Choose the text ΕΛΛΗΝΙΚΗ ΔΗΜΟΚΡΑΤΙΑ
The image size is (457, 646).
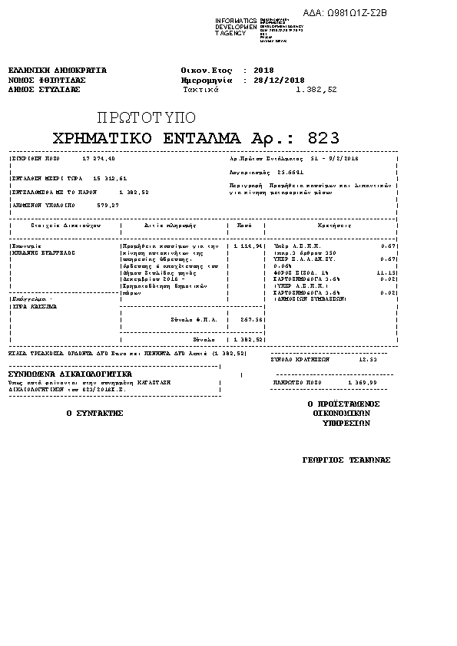pos(57,70)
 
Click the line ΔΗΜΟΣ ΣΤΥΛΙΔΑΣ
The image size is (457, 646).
pos(45,89)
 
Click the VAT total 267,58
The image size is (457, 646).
pos(252,319)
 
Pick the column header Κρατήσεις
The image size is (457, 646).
pos(334,226)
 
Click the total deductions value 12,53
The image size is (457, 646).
pos(368,358)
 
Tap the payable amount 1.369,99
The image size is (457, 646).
pos(363,381)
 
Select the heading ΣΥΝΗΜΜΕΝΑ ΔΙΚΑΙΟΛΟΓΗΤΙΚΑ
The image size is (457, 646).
pos(70,374)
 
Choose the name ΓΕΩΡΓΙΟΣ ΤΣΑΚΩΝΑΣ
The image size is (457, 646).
pos(346,460)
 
